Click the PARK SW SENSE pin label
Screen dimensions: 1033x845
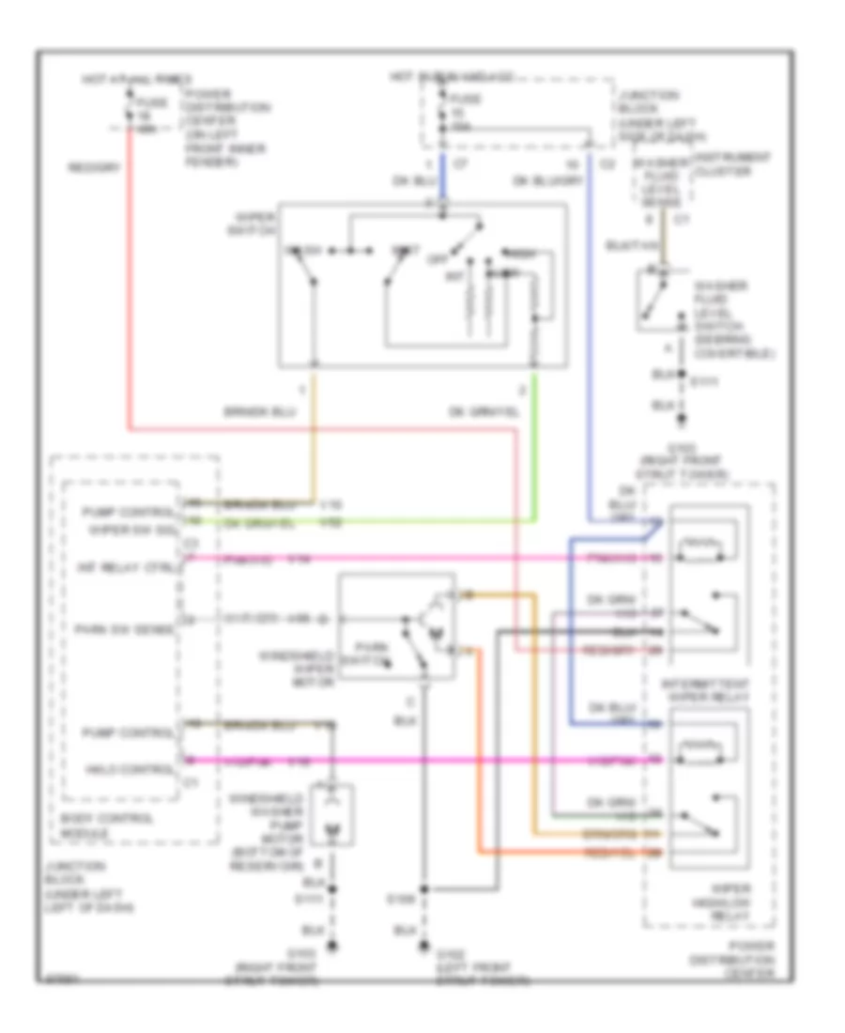pos(134,629)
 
